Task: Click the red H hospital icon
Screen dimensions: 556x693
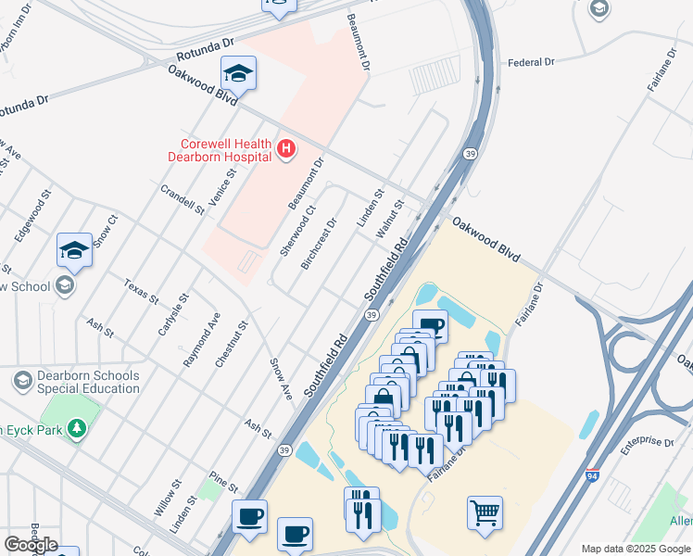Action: (286, 148)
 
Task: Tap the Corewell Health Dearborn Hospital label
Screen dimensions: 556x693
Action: (220, 150)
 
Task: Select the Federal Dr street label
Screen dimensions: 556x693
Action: (530, 63)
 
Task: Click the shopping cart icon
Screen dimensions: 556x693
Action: (485, 512)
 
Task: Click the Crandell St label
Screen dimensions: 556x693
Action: (182, 198)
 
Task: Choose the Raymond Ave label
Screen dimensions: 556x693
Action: (199, 340)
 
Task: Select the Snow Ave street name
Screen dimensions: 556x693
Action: (281, 378)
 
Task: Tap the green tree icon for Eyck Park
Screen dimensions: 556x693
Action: (78, 427)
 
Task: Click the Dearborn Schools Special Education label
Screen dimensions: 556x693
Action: (88, 382)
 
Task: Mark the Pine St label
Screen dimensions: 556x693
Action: (223, 481)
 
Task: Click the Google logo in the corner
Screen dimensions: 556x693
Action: (31, 545)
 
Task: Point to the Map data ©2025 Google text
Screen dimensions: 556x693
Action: (636, 549)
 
